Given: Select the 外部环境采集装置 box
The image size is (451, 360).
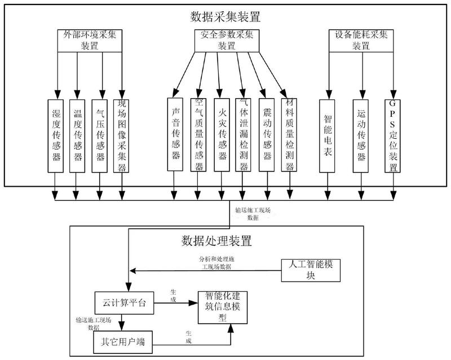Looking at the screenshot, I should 90,40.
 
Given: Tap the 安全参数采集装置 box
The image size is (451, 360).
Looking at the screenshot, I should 226,40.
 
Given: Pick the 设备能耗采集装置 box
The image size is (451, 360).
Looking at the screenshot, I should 359,40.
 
